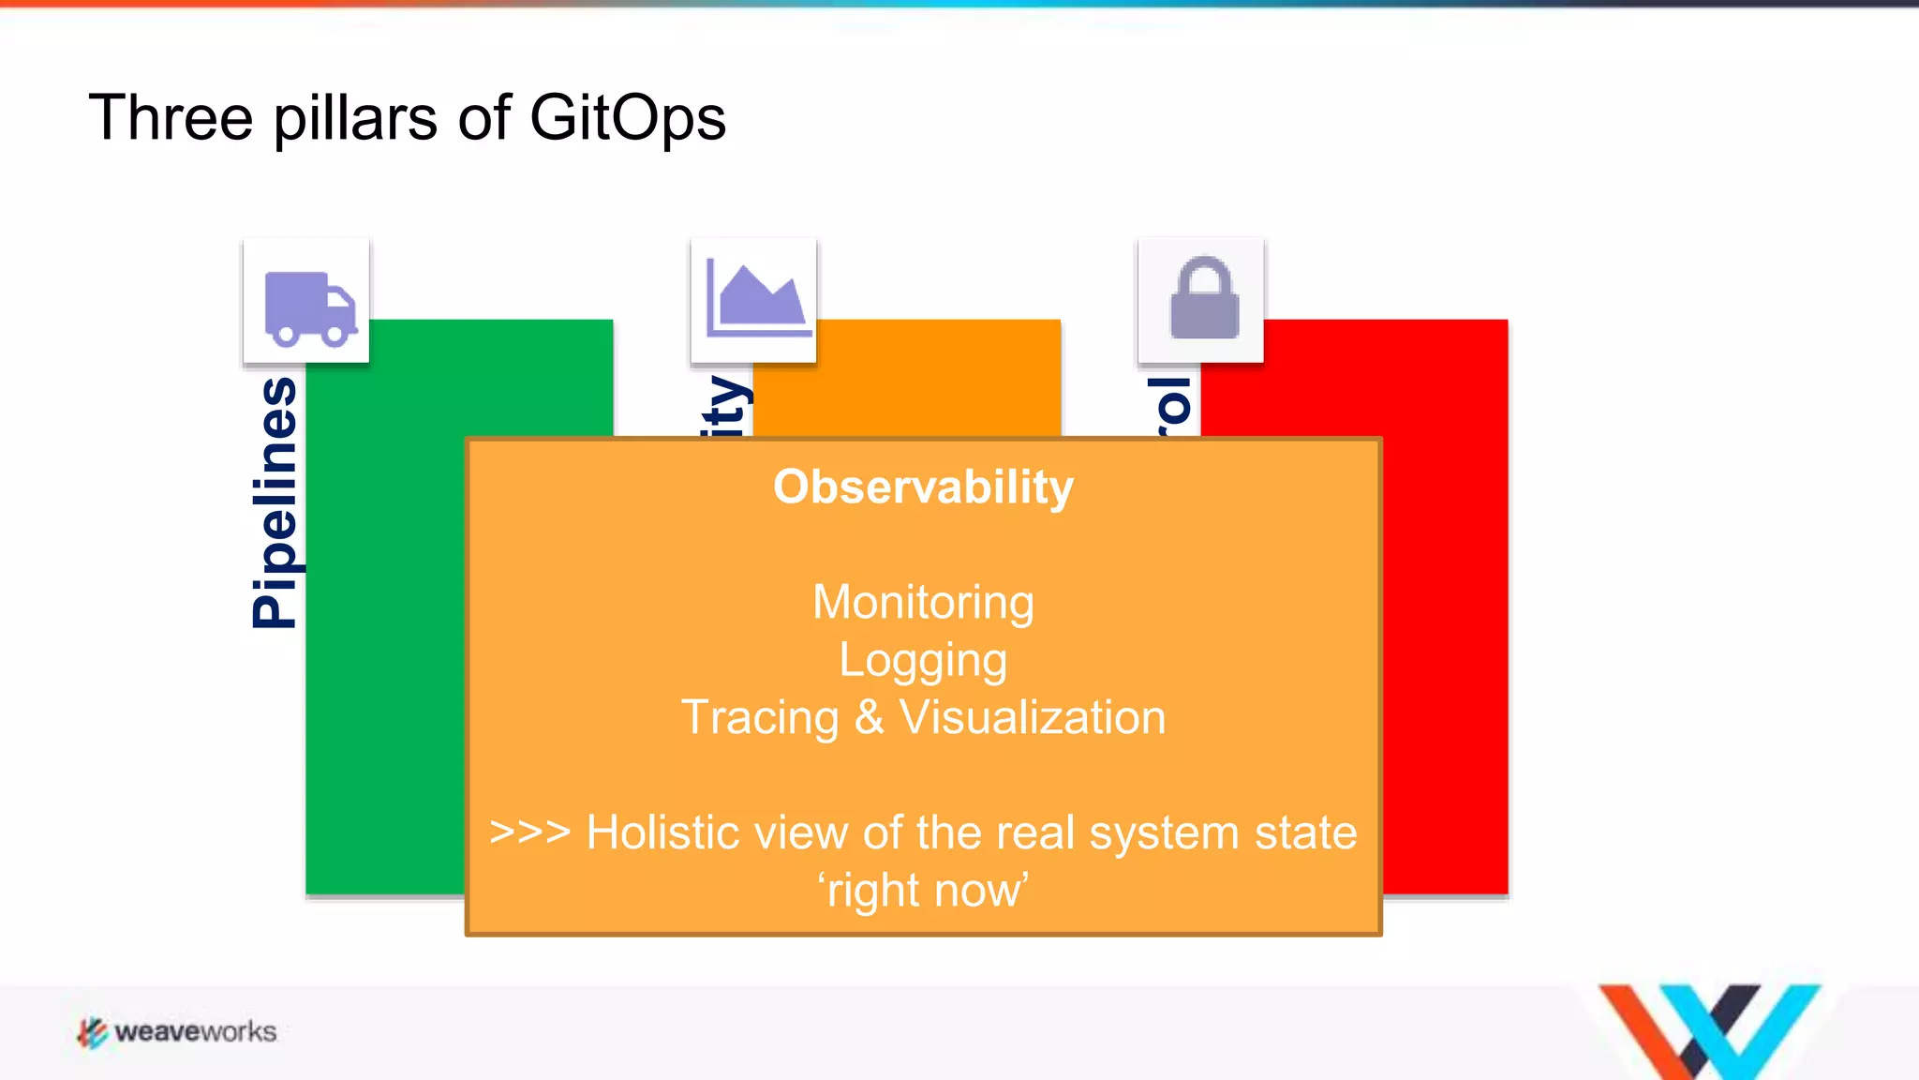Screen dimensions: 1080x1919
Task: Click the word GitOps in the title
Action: click(x=627, y=119)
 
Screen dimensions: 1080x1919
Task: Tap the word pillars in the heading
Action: click(x=355, y=119)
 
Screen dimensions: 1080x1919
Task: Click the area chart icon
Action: click(x=754, y=299)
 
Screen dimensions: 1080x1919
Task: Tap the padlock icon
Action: click(x=1203, y=299)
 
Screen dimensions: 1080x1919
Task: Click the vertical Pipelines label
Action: click(x=275, y=502)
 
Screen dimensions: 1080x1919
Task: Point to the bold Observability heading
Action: click(x=923, y=487)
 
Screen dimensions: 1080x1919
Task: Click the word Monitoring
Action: click(x=923, y=603)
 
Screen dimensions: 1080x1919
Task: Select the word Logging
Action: click(x=923, y=661)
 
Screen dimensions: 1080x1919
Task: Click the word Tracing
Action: click(x=760, y=718)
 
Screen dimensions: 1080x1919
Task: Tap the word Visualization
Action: click(x=1032, y=718)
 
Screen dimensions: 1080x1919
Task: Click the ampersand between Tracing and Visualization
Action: click(x=869, y=718)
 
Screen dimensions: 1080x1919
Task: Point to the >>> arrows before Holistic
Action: click(x=529, y=832)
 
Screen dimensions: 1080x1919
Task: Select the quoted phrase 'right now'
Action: click(x=923, y=891)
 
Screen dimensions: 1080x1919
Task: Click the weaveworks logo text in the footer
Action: click(x=195, y=1032)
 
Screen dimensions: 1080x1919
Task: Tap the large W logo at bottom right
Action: click(x=1708, y=1030)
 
